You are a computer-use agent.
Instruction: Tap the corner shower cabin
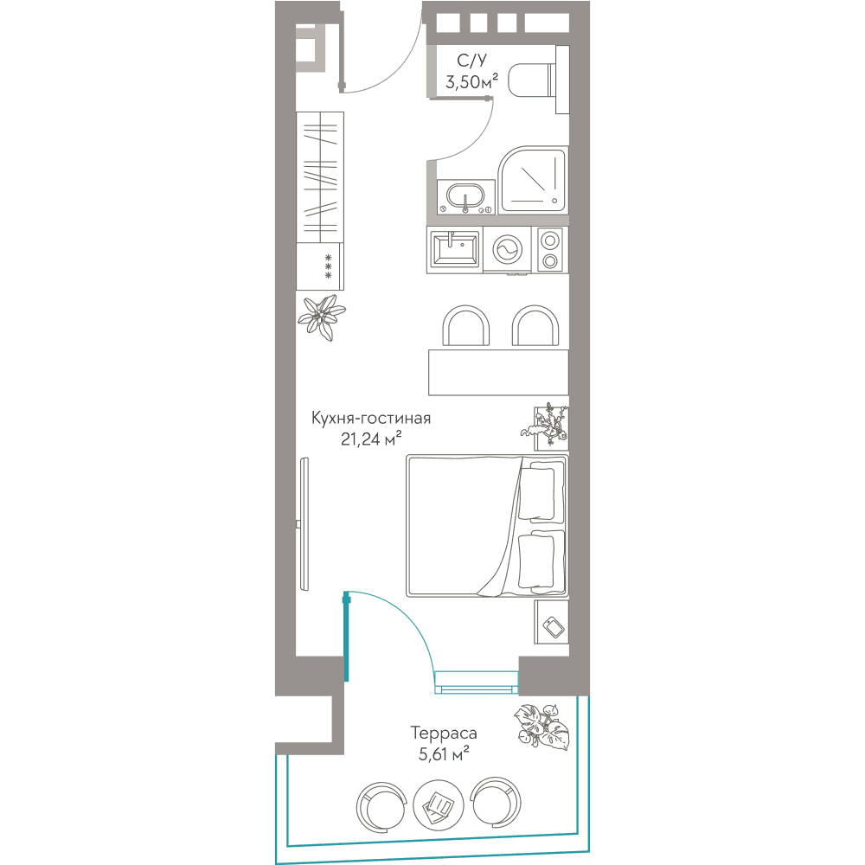pos(533,181)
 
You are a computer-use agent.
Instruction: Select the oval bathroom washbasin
pos(465,196)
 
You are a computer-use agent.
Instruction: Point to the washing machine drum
pos(507,250)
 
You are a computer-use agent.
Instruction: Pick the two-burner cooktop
pos(549,250)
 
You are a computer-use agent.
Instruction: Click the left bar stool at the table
pos(465,325)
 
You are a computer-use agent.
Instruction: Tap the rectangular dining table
pos(498,372)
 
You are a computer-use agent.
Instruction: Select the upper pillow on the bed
pos(536,494)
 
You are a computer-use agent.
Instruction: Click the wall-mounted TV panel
pos(304,524)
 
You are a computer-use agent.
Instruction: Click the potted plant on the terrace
pos(541,727)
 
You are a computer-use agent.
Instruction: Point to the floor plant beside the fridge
pos(322,317)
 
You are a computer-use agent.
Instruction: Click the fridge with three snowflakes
pos(320,266)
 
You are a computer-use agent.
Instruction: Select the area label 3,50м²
pos(471,82)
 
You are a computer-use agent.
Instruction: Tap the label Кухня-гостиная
pos(371,418)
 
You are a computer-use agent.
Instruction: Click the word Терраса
pos(444,734)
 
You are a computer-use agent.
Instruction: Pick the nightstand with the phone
pos(551,622)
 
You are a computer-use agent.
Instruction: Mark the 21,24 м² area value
pos(371,439)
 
